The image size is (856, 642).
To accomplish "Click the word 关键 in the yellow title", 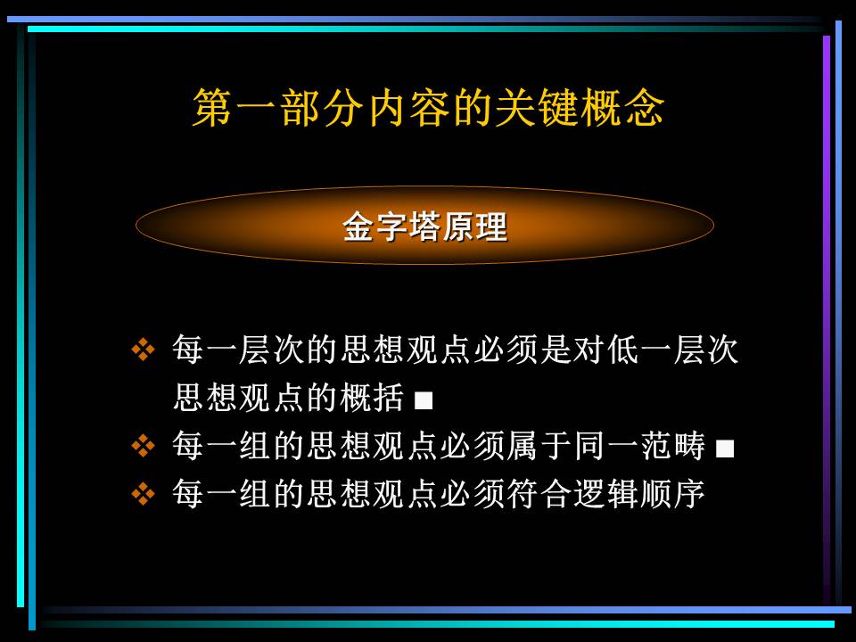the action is coord(537,108).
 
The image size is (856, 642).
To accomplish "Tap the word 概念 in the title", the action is coord(622,108).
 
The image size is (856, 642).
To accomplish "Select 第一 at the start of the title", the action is coord(235,108).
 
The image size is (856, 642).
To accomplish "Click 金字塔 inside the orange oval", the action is coord(391,226).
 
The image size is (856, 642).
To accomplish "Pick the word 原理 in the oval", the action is coord(475,226).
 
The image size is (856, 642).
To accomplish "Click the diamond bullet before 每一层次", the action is coord(143,350).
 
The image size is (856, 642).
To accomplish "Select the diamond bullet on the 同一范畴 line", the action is coord(143,446).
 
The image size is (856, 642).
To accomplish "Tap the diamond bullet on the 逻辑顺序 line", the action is coord(143,493).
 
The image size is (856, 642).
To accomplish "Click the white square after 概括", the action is coord(424,400).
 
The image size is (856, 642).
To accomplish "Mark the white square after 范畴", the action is coord(724,449).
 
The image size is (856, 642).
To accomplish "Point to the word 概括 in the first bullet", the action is coord(373,397).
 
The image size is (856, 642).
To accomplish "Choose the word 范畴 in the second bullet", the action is coord(673,446).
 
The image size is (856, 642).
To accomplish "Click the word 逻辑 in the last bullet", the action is coord(606,493).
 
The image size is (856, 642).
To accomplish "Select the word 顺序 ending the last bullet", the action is coord(672,493).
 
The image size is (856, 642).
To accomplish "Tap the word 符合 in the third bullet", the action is coord(539,493).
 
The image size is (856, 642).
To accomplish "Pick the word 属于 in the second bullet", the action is coord(539,446).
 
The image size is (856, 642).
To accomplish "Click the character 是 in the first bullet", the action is coord(556,350).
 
